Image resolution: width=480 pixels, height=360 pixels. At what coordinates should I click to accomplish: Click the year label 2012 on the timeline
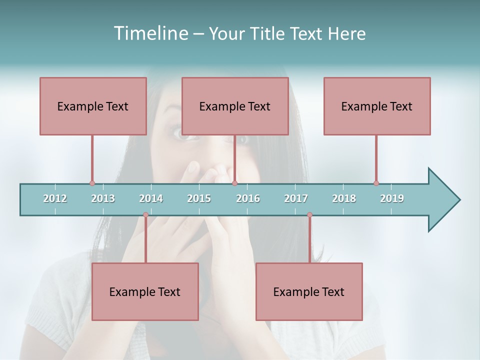tap(55, 198)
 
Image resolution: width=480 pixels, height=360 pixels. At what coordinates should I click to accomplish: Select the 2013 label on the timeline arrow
tap(103, 198)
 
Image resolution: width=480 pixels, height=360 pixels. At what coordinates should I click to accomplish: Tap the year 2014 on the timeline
tap(151, 198)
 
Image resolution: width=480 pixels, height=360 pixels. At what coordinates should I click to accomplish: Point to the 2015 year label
tap(199, 198)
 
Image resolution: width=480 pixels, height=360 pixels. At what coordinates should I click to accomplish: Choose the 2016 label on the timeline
tap(248, 198)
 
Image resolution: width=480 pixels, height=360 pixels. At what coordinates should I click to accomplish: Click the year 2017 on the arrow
tap(296, 198)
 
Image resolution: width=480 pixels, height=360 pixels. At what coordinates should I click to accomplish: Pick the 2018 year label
tap(344, 198)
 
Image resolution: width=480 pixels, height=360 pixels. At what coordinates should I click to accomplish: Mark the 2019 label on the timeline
tap(392, 198)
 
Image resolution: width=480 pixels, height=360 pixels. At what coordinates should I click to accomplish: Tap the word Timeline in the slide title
tap(150, 33)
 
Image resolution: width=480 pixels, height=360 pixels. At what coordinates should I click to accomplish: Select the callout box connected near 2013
tap(93, 106)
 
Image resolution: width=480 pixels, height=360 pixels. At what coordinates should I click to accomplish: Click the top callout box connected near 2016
tap(235, 106)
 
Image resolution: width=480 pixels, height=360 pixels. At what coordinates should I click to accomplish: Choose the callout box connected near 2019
tap(377, 106)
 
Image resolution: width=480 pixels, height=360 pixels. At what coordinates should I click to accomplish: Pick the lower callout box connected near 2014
tap(145, 291)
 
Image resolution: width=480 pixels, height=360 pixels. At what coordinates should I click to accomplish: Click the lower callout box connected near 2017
tap(309, 291)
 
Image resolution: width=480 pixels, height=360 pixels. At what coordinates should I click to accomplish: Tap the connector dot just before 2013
tap(92, 183)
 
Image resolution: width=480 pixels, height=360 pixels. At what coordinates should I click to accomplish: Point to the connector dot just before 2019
tap(376, 183)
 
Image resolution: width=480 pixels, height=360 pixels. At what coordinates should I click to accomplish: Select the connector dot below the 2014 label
tap(145, 215)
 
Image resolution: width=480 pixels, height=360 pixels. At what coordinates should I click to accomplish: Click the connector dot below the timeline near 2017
tap(309, 215)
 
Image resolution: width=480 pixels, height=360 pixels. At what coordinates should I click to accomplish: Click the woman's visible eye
tap(178, 132)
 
